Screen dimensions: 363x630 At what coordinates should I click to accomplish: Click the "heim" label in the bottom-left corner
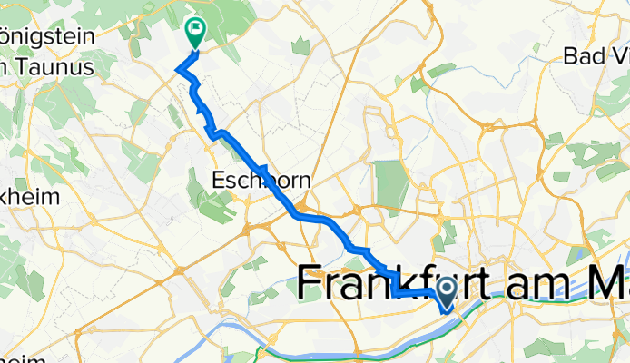click(x=23, y=359)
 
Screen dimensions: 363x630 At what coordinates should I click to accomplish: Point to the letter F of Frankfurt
click(x=312, y=285)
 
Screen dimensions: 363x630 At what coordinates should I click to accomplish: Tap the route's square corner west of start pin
click(x=398, y=293)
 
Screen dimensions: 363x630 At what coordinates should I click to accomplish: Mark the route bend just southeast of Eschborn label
click(x=297, y=215)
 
